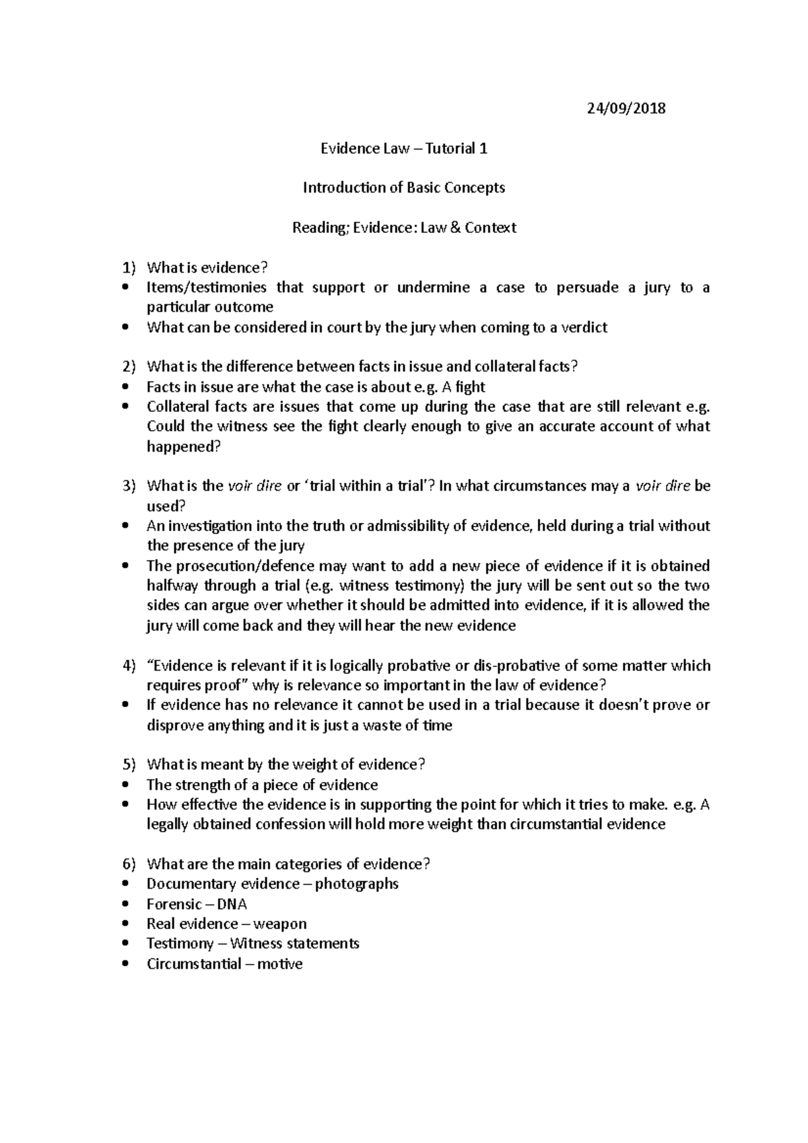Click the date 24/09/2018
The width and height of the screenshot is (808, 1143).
(x=626, y=108)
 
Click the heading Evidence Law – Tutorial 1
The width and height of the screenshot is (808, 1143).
(x=403, y=148)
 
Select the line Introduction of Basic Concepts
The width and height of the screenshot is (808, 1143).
(x=403, y=188)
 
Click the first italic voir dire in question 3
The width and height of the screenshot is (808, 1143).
(x=255, y=486)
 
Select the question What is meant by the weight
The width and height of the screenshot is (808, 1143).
(x=286, y=765)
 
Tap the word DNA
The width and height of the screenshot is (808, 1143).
(x=232, y=904)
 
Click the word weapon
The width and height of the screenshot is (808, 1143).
(x=280, y=924)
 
